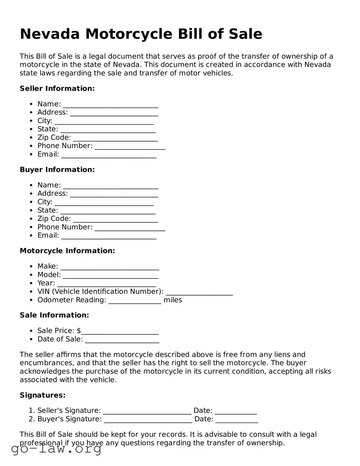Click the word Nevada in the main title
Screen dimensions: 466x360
click(x=49, y=34)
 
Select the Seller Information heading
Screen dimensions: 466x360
click(x=57, y=88)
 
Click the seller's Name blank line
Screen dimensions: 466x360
click(x=110, y=104)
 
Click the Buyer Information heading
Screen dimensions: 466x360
click(x=57, y=170)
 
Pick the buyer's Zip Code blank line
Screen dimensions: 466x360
click(x=115, y=219)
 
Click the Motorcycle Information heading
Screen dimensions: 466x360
click(x=67, y=251)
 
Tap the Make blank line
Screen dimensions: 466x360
click(x=109, y=267)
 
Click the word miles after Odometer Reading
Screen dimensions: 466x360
click(x=173, y=300)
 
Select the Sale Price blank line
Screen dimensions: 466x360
click(x=120, y=331)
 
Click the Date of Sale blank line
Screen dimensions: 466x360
click(x=122, y=340)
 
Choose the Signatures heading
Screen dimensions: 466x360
click(x=43, y=395)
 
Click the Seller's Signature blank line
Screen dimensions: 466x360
click(x=147, y=411)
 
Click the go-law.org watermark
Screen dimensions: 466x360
click(x=56, y=449)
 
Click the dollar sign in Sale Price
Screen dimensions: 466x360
click(x=79, y=330)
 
